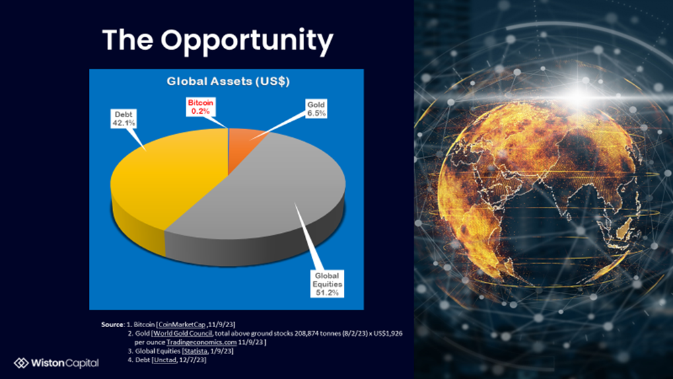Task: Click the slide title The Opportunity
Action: [x=217, y=41]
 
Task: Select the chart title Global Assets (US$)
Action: [x=228, y=81]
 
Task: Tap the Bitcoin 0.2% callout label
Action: [x=201, y=107]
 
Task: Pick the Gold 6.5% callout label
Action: [x=316, y=109]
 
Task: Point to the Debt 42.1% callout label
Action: [x=124, y=118]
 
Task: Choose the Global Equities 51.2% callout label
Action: [x=327, y=284]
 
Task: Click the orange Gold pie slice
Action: [x=245, y=146]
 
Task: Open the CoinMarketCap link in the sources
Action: [x=182, y=324]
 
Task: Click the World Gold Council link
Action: [x=182, y=333]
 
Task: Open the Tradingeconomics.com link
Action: [x=201, y=342]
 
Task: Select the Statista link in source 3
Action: [x=195, y=351]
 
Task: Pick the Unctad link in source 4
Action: [x=165, y=359]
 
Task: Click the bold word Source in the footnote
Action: [x=112, y=324]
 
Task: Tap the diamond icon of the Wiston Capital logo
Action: [x=21, y=363]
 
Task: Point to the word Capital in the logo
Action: [x=82, y=363]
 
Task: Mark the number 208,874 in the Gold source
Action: [x=306, y=333]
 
